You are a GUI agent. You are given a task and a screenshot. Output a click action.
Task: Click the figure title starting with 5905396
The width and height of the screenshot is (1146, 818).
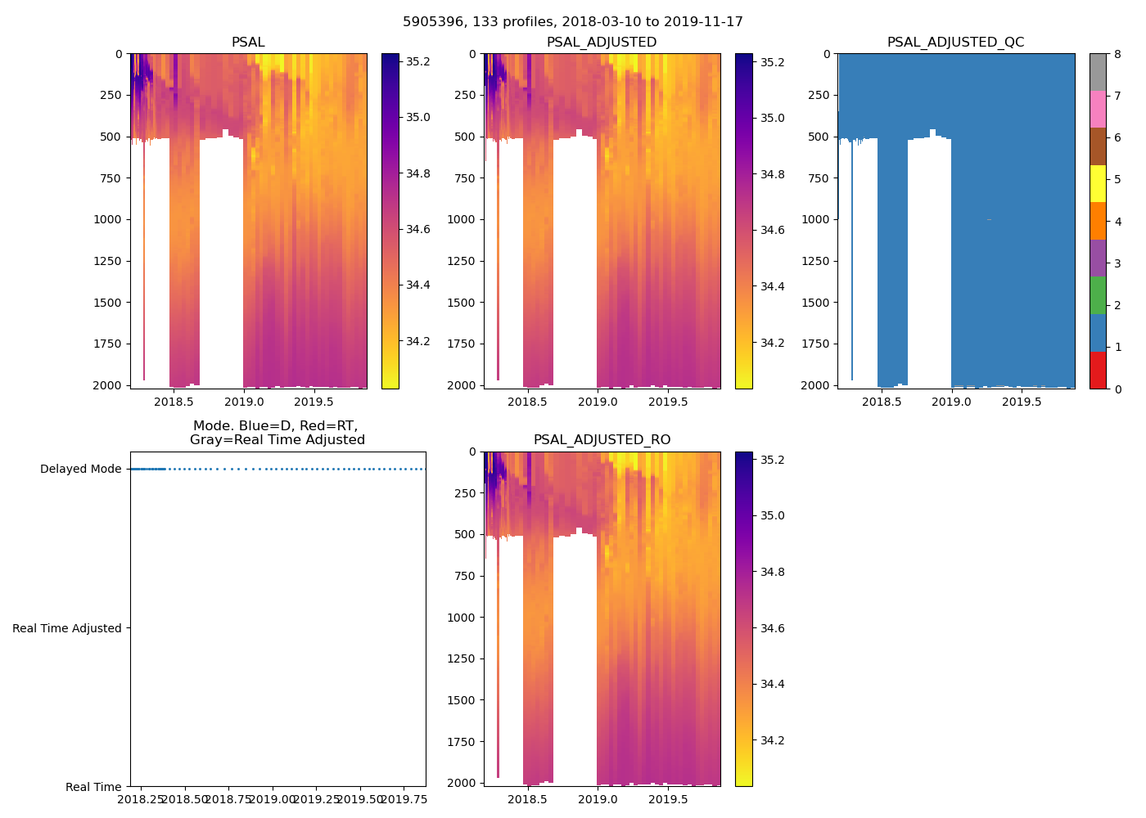(x=572, y=22)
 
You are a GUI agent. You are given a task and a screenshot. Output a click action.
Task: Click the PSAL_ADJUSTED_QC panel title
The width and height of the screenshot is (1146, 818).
(x=955, y=43)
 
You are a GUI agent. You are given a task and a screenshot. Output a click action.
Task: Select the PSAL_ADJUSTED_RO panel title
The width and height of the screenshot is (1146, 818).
(x=602, y=440)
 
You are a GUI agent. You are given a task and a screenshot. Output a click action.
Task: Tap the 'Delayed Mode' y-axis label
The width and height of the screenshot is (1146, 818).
(x=80, y=470)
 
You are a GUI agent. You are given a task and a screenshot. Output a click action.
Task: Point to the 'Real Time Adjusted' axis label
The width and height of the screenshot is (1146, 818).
(x=66, y=628)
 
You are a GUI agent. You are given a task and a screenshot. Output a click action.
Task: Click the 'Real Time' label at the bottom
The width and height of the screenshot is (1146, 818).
(x=93, y=787)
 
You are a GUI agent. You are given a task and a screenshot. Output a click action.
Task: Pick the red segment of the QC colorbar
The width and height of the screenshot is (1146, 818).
(x=1098, y=370)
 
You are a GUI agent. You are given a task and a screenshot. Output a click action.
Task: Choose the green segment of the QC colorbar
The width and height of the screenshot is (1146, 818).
(x=1098, y=295)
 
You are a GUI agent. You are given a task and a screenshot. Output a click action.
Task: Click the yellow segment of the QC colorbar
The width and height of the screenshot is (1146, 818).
(x=1098, y=184)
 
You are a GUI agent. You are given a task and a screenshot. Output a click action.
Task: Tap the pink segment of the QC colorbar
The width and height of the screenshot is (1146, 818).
(x=1098, y=109)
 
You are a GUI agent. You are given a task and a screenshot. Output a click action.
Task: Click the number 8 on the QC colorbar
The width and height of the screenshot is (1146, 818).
(x=1117, y=54)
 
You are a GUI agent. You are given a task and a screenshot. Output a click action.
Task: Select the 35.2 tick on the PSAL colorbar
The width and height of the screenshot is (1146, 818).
(x=418, y=61)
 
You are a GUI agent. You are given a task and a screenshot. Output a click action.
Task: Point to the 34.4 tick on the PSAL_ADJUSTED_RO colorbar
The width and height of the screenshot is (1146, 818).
(x=774, y=684)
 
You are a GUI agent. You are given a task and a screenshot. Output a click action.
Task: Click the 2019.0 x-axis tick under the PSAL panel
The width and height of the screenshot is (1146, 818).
(x=244, y=402)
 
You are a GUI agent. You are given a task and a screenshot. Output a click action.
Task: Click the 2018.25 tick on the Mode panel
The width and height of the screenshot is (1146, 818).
(x=142, y=799)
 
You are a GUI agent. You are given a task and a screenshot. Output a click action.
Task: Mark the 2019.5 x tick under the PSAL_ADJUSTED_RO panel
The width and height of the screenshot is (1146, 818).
(x=668, y=799)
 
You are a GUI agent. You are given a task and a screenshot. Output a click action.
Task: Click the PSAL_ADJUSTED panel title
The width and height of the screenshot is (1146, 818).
(x=602, y=43)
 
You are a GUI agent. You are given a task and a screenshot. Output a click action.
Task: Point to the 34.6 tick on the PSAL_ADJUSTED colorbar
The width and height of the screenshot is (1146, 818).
(x=774, y=230)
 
